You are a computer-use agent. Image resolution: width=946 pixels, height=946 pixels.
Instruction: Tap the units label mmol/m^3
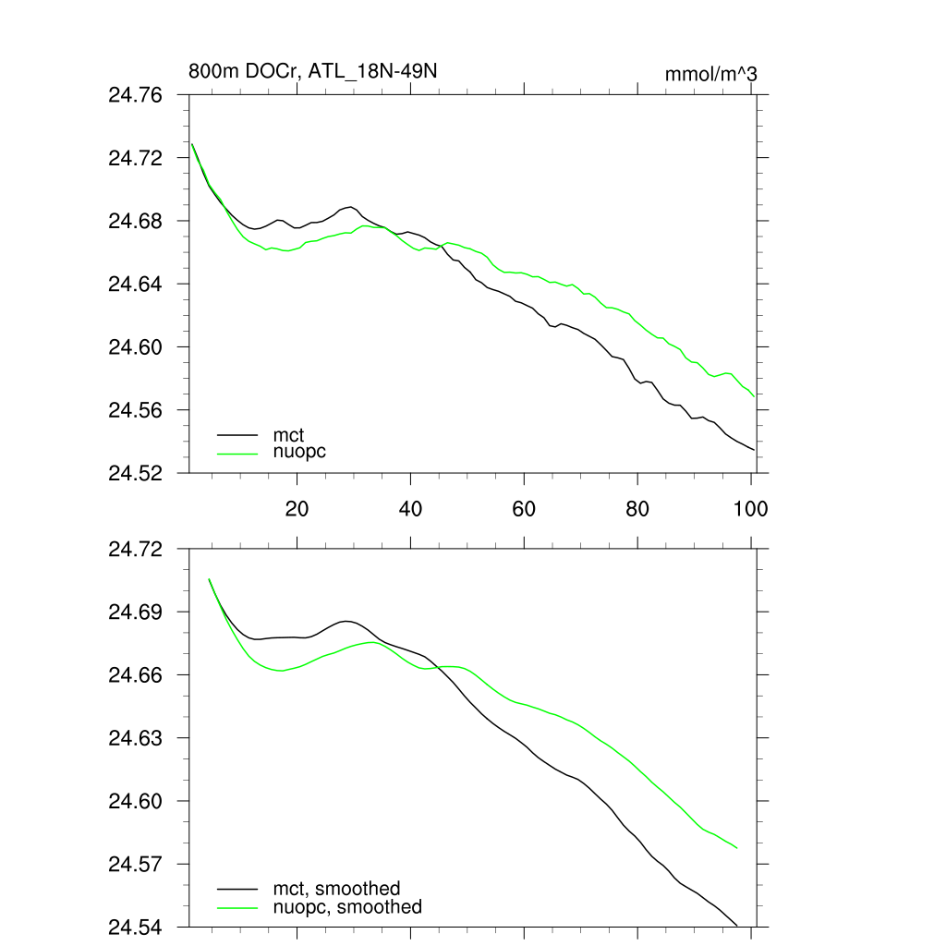pos(711,74)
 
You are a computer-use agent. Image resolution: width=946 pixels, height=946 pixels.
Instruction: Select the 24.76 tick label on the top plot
pos(135,95)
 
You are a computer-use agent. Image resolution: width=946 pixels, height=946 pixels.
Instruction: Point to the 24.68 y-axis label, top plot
pos(135,221)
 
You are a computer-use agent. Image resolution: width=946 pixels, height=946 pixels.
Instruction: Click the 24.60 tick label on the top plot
pos(135,346)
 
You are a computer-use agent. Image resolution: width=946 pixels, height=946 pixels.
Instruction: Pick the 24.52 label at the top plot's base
pos(135,473)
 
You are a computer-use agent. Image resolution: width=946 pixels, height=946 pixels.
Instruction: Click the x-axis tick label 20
pos(297,508)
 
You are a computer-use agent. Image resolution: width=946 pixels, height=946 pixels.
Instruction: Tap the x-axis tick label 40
pos(410,508)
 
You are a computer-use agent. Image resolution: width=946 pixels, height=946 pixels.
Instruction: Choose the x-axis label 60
pos(524,508)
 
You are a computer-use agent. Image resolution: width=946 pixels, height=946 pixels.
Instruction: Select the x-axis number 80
pos(637,508)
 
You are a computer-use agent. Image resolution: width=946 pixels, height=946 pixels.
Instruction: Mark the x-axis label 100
pos(749,508)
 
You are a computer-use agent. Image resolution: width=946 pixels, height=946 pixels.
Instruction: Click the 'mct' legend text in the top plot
pos(288,434)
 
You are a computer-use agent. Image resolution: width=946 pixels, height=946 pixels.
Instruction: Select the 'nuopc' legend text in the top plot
pos(299,452)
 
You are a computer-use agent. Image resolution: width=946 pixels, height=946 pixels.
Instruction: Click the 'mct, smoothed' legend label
pos(336,889)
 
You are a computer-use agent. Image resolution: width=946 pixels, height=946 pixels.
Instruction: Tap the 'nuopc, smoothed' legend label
pos(347,907)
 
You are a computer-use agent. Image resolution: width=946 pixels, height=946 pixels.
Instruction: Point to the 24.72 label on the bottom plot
pos(135,549)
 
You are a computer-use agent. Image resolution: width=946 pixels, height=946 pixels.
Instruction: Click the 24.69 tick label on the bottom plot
pos(135,612)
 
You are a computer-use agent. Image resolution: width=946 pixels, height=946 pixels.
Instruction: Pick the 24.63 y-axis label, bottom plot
pos(135,738)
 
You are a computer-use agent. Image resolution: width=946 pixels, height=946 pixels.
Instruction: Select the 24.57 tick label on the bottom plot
pos(135,864)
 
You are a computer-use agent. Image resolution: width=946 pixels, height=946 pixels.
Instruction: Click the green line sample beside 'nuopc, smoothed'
pos(237,908)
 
